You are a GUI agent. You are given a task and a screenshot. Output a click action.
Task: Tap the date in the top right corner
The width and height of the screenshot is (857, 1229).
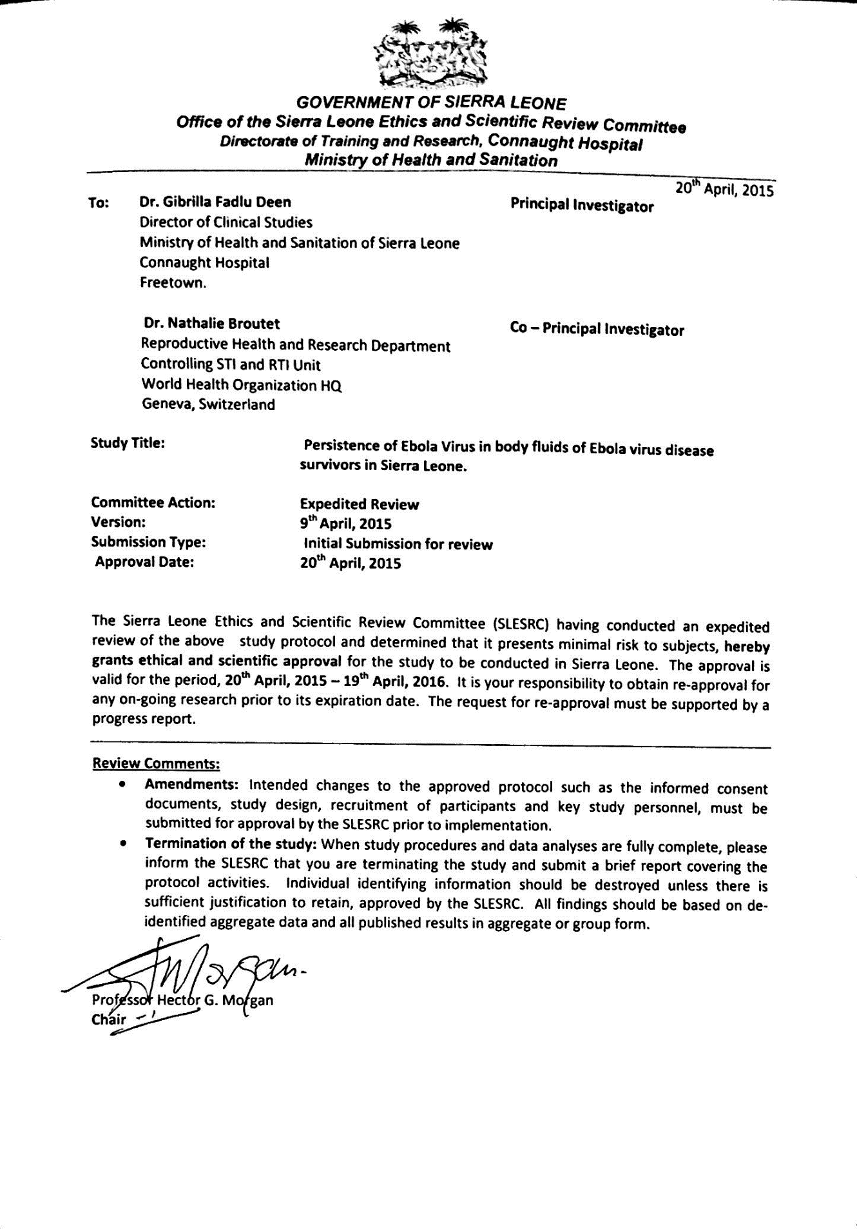(x=724, y=190)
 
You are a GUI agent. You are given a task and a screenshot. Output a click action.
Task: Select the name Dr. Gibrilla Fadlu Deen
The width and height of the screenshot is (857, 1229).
(x=215, y=202)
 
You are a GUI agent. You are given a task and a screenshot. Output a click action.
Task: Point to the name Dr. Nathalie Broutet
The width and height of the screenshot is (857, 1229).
(x=212, y=323)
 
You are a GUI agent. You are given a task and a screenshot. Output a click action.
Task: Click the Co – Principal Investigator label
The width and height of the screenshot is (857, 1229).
(x=597, y=329)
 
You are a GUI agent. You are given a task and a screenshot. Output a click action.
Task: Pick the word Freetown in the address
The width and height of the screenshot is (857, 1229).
(x=173, y=283)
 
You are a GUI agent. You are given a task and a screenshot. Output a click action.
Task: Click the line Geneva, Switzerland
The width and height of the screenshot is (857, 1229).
(x=208, y=405)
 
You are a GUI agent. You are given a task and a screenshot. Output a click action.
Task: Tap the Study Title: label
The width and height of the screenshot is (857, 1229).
(x=128, y=443)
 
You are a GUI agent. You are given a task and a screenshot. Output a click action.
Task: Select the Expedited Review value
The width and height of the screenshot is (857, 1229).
(x=359, y=504)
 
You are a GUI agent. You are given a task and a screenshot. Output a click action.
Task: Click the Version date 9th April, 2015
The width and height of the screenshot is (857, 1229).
(x=345, y=524)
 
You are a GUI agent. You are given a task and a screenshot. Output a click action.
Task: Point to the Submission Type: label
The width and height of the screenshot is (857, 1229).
(x=148, y=542)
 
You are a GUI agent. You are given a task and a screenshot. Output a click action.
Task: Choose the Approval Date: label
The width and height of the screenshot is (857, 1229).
(x=144, y=562)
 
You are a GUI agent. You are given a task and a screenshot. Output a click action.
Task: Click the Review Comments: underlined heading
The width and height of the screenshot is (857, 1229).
(x=157, y=763)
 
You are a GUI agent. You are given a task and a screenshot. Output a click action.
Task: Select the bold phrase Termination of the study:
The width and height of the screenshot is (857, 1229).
(x=230, y=843)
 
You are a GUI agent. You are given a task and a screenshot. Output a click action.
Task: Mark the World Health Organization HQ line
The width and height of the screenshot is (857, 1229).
(x=241, y=385)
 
